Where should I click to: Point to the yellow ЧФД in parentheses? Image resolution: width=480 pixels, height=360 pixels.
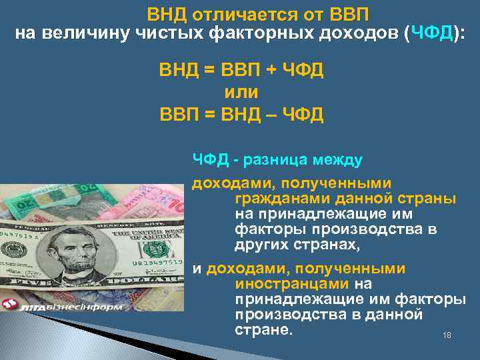tap(432, 34)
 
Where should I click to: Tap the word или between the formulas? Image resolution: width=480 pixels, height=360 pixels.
tap(241, 92)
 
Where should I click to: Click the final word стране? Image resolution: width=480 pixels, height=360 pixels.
tap(264, 329)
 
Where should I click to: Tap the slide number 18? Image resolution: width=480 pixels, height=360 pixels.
tap(447, 335)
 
